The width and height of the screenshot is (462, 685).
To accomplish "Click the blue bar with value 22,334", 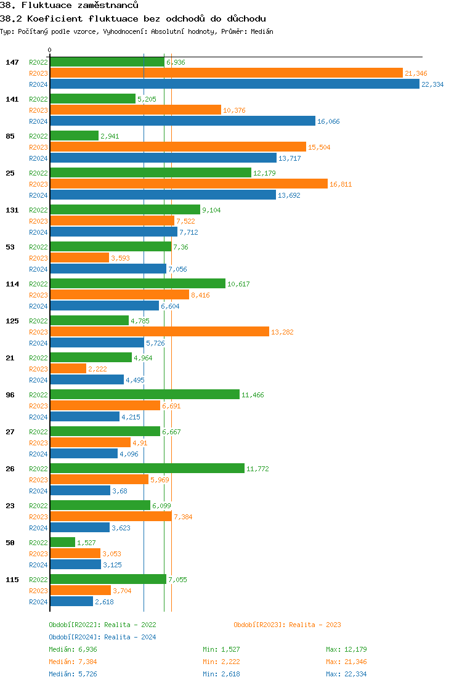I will (234, 84).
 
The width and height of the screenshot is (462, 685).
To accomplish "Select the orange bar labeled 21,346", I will (226, 73).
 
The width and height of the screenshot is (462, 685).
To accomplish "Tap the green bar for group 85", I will (74, 136).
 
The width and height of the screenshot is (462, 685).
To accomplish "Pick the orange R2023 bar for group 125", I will (160, 332).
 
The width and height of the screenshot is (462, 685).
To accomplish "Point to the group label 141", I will (12, 99).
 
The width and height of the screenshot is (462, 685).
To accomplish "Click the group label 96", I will (10, 395).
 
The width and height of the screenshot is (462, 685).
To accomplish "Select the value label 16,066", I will (328, 121).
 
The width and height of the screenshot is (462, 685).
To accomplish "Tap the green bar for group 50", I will (62, 543).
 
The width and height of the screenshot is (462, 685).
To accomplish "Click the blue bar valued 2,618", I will (71, 602).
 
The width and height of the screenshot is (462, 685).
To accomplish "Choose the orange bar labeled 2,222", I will (68, 369).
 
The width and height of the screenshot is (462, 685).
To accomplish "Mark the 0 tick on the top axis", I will (50, 50).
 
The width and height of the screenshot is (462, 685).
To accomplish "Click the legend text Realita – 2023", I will (315, 625).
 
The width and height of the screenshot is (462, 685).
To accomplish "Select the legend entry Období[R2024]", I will (75, 637).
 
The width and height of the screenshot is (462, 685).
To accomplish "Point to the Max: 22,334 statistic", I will (346, 674).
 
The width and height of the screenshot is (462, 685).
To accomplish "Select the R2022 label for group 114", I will (38, 284).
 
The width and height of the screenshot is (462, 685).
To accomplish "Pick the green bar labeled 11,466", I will (145, 395).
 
